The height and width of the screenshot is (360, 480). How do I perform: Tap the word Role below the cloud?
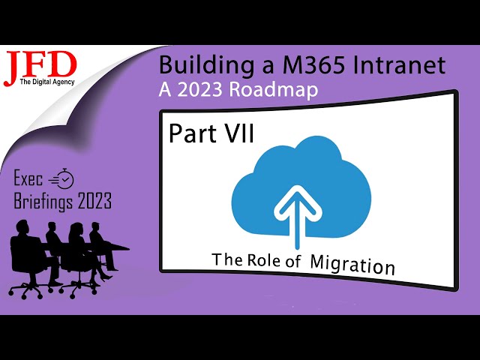coord(262,260)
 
